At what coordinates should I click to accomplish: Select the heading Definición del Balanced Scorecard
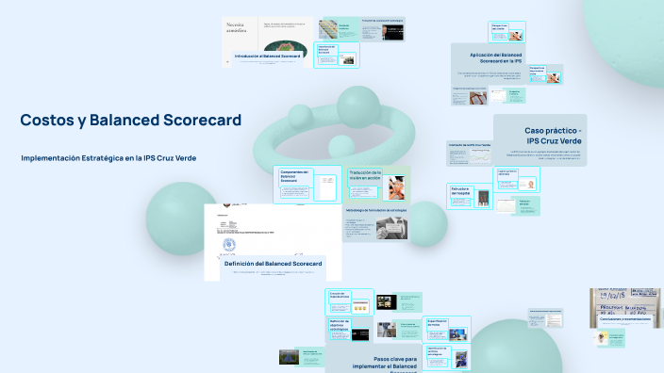tap(273, 264)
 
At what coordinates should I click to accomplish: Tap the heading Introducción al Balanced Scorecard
tap(273, 57)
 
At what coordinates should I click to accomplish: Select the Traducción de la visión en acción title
tap(363, 176)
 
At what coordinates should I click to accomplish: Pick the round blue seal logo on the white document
tap(229, 247)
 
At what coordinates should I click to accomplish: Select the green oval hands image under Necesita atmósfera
tap(284, 46)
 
